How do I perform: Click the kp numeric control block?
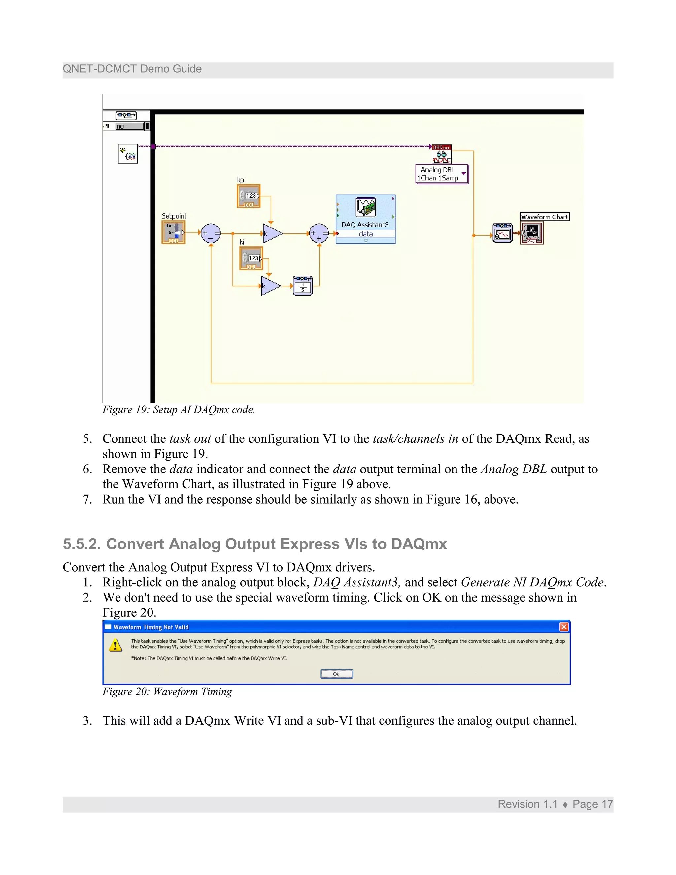click(249, 196)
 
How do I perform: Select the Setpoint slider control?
click(173, 232)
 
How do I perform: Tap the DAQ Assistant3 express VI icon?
click(365, 208)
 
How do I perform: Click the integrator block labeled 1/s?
click(303, 286)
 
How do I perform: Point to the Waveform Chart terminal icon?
click(532, 233)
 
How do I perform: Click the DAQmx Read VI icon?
click(441, 154)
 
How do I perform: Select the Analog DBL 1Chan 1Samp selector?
click(442, 174)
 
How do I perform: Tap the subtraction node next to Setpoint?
click(211, 233)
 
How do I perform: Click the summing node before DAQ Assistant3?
click(319, 233)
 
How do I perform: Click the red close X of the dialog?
click(564, 627)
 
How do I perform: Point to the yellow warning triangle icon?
click(115, 646)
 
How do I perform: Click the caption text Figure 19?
click(179, 410)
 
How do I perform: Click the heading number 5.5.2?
click(82, 544)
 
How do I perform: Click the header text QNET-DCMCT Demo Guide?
click(132, 69)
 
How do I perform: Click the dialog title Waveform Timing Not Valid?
click(151, 627)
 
